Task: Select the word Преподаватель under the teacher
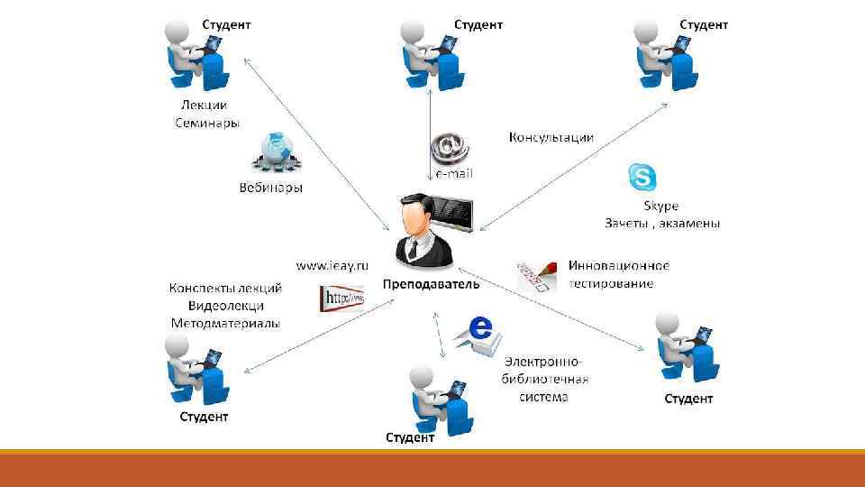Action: [x=431, y=284]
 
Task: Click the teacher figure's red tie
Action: [x=412, y=248]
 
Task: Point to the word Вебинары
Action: [x=271, y=188]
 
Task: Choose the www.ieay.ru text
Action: [x=333, y=265]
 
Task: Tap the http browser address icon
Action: [x=341, y=298]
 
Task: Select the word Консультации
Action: [x=551, y=137]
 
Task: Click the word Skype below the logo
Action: [x=660, y=206]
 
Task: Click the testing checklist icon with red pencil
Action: [x=536, y=275]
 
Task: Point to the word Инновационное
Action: [x=618, y=266]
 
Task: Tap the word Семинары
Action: [x=206, y=122]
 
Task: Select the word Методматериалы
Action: [x=225, y=322]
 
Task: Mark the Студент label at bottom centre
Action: [x=411, y=437]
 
